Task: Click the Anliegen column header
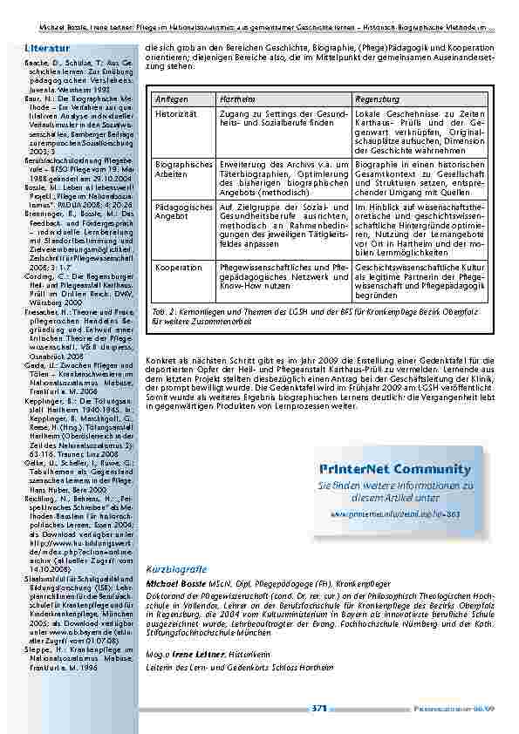tap(171, 100)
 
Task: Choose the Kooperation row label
tap(178, 267)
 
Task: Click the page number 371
tap(318, 709)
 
